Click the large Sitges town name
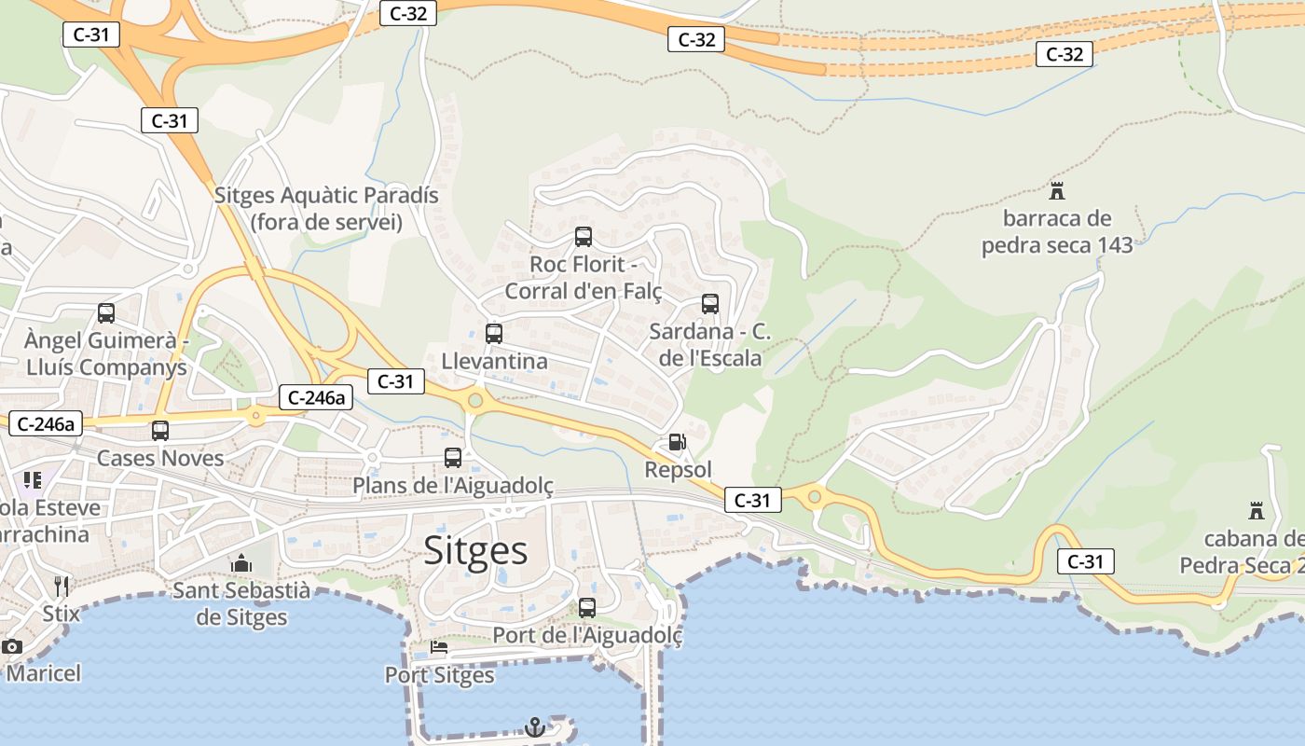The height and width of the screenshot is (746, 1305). click(475, 550)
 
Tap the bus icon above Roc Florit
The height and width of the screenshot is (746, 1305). click(584, 237)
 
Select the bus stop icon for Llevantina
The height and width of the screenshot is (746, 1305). click(494, 333)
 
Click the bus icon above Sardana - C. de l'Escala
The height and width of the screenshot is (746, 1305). click(710, 304)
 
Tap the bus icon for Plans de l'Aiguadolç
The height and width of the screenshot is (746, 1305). click(453, 458)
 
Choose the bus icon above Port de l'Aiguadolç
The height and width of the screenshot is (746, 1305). click(587, 608)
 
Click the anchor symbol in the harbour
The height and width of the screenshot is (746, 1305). click(535, 727)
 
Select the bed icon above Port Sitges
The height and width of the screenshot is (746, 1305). click(439, 647)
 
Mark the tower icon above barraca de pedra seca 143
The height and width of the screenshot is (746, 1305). click(1057, 191)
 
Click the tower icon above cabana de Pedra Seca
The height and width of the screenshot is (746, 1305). click(1257, 511)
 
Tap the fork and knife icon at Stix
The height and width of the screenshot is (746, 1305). click(62, 586)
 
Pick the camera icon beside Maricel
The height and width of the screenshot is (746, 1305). click(12, 646)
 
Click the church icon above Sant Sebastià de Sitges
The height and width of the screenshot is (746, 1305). click(241, 563)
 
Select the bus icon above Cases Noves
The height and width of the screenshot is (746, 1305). click(160, 431)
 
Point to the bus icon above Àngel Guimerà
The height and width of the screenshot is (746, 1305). click(106, 313)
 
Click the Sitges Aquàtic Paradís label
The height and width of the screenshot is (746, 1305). click(326, 209)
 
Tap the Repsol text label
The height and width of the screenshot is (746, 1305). click(678, 470)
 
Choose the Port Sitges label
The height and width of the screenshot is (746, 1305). click(439, 674)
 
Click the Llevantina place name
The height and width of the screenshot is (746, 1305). click(494, 361)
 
